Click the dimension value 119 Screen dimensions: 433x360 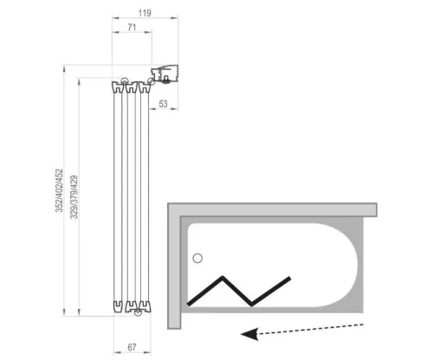(145, 13)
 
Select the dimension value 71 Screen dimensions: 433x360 (132, 28)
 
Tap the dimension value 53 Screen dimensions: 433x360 (163, 104)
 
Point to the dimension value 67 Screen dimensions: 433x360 (132, 347)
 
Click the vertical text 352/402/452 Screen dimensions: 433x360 (59, 190)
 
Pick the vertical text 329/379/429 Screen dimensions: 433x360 (74, 197)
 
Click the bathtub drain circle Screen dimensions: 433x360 (197, 258)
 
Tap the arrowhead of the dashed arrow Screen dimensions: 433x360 (249, 334)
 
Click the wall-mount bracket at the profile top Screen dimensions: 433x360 (165, 74)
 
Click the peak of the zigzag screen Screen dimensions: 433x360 (223, 278)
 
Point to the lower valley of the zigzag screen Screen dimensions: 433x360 (251, 305)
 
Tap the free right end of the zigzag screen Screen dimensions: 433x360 (289, 278)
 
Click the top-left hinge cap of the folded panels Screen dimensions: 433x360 (118, 87)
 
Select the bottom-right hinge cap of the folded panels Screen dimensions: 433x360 (145, 306)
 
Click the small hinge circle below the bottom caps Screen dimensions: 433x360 (138, 312)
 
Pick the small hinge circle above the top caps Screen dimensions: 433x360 (125, 81)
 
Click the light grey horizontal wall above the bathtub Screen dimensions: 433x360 (272, 209)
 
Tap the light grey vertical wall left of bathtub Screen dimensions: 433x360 (174, 266)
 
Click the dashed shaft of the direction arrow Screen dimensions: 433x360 (310, 329)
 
